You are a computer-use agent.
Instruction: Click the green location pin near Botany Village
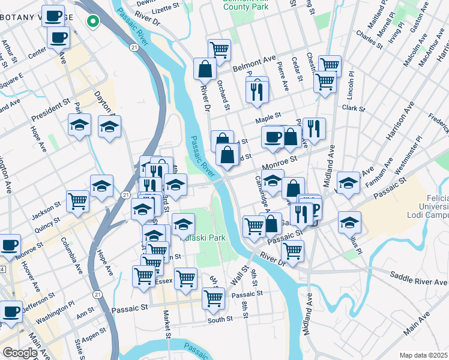(92, 22)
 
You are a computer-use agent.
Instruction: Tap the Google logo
(20, 353)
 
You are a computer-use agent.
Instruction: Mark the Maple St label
(268, 119)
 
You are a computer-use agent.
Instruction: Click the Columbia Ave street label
(71, 255)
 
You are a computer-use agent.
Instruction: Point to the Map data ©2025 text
(423, 355)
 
